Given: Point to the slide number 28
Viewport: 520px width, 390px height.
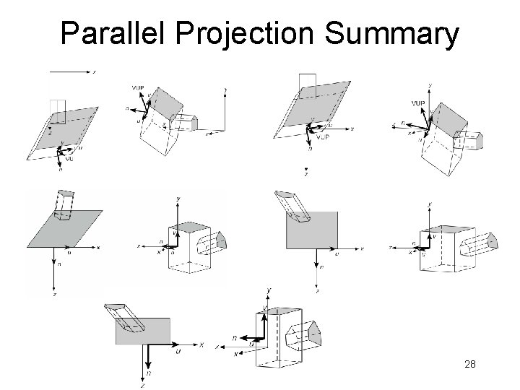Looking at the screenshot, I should click(469, 365).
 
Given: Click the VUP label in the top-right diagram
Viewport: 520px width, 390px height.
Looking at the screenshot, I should click(417, 104).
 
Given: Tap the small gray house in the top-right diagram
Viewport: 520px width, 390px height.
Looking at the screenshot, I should click(472, 140).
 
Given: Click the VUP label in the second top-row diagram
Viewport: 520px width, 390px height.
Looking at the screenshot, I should click(137, 88).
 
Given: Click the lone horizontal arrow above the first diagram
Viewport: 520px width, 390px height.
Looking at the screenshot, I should click(70, 72).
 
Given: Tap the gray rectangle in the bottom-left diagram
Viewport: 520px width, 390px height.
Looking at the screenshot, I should click(142, 331).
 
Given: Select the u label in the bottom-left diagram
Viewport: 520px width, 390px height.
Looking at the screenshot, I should click(177, 352).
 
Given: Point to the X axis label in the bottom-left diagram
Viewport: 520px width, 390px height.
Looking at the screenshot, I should click(201, 344).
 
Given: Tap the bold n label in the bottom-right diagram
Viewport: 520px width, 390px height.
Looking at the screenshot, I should click(235, 337).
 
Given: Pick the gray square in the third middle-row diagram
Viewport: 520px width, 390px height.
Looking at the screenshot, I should click(312, 230).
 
